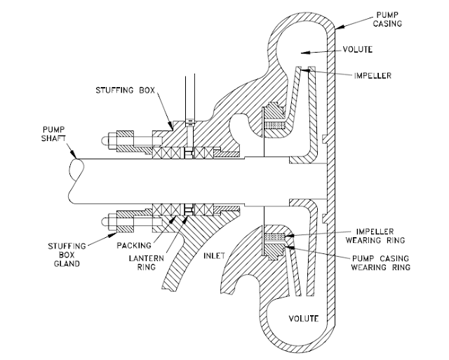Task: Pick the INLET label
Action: click(x=213, y=255)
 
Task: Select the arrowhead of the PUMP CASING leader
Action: click(x=337, y=28)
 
